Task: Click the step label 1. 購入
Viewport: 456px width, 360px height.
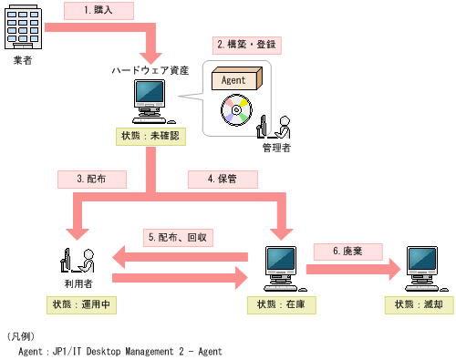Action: pyautogui.click(x=99, y=11)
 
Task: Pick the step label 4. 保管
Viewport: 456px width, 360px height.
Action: pyautogui.click(x=220, y=179)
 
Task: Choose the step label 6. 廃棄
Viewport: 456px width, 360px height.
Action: pyautogui.click(x=340, y=250)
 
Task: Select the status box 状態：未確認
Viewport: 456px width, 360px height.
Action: pyautogui.click(x=151, y=136)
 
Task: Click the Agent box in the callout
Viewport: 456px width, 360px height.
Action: pyautogui.click(x=236, y=79)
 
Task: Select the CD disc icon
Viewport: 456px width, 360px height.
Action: pyautogui.click(x=235, y=112)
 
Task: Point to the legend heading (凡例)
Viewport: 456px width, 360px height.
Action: pyautogui.click(x=22, y=335)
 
